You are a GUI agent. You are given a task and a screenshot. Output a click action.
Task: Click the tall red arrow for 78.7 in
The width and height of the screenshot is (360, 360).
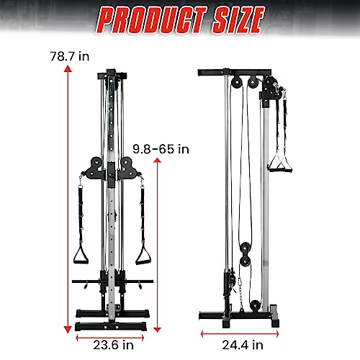68,194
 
